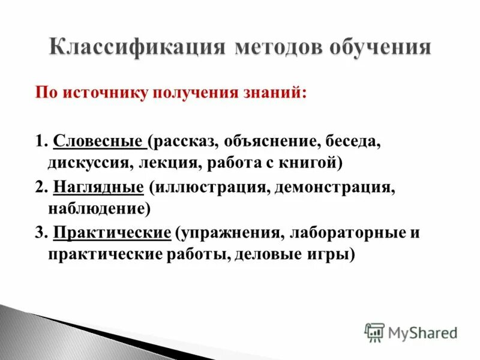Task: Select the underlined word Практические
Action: coord(112,233)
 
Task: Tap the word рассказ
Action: coord(187,142)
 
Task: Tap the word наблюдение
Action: coord(96,208)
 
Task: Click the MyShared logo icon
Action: coord(374,332)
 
